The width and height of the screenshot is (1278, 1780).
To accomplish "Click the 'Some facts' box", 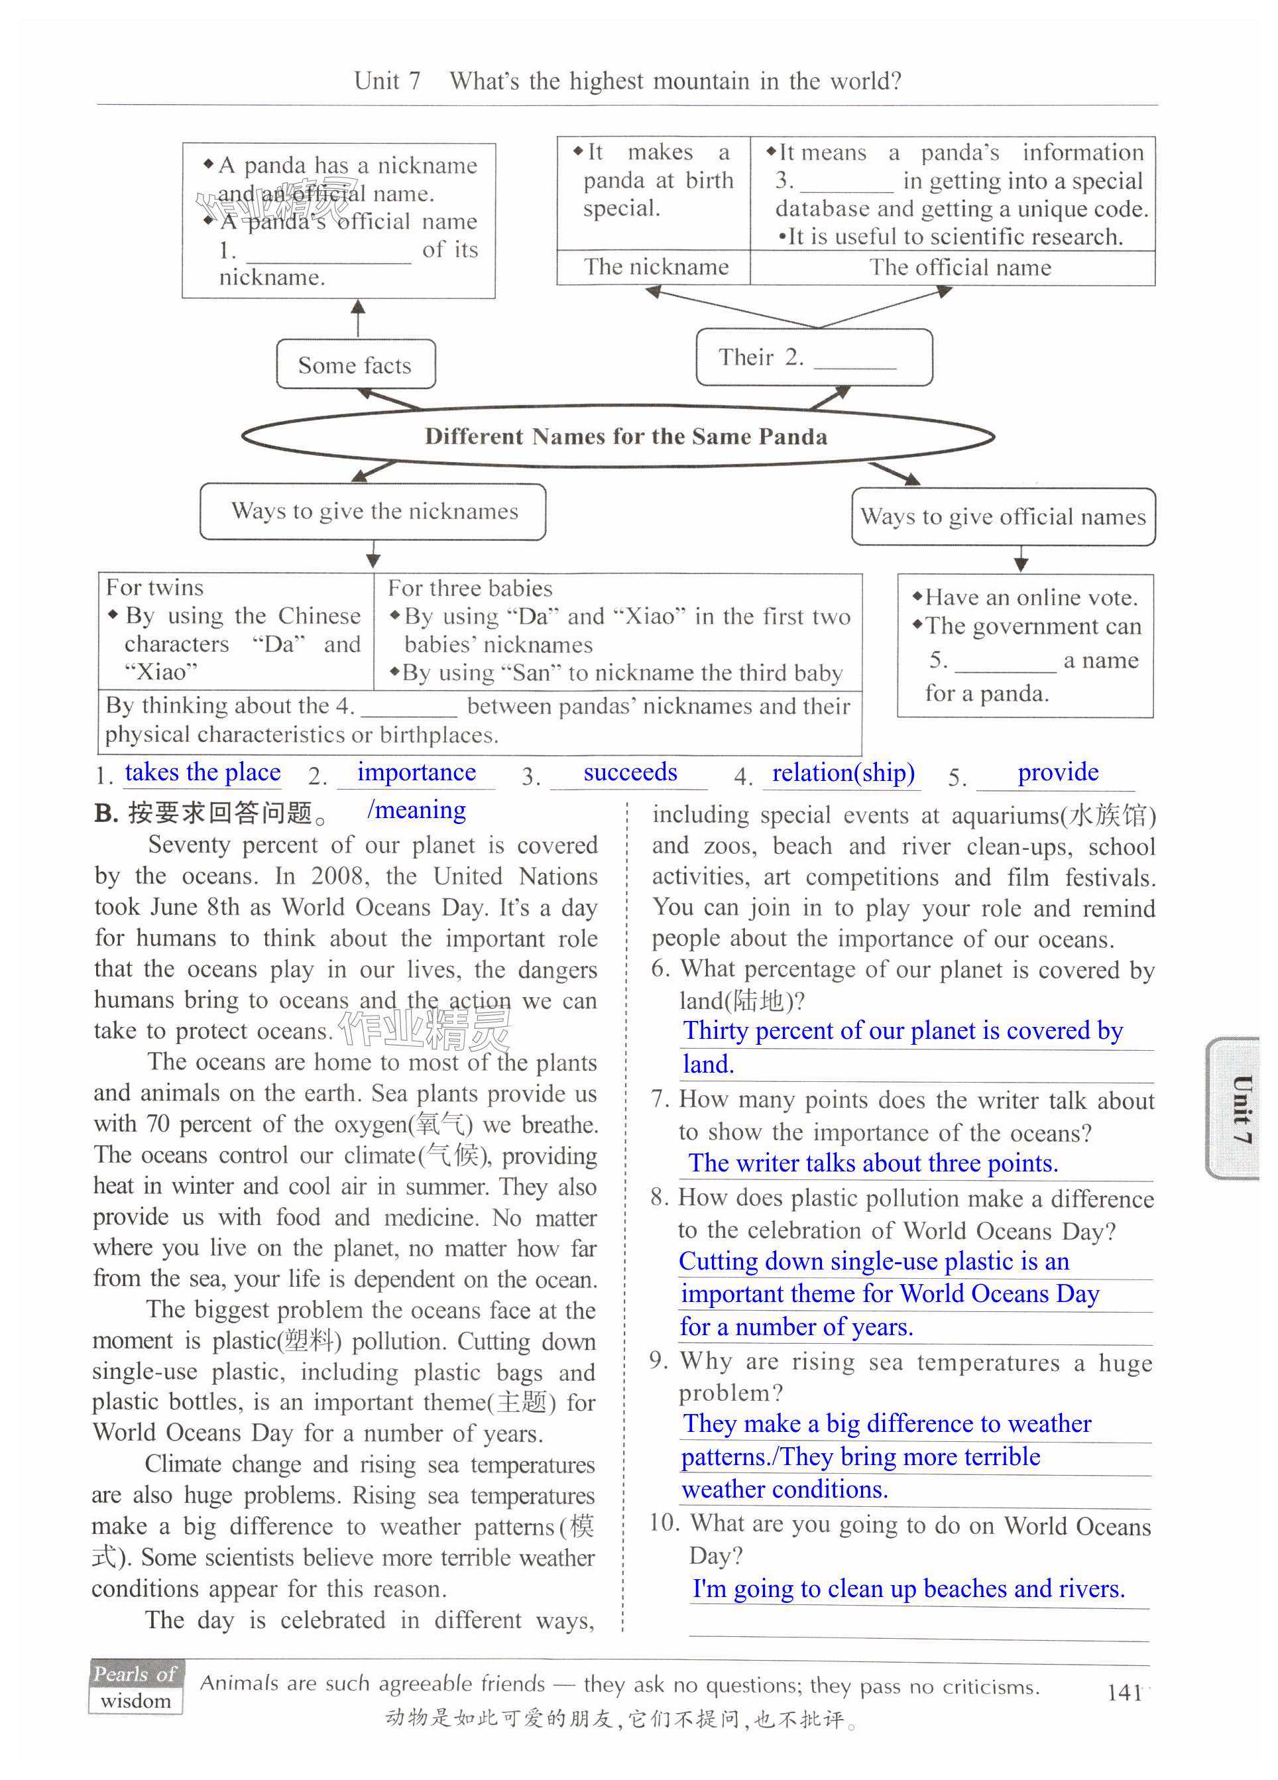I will point(355,365).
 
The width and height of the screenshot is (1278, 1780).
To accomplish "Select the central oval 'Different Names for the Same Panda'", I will point(625,436).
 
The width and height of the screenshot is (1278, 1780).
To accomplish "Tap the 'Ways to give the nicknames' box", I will point(373,512).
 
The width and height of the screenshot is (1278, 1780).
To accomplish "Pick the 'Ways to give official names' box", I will point(1003,517).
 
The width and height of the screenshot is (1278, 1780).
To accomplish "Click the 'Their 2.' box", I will point(813,358).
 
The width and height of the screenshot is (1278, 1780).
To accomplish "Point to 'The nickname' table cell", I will point(656,267).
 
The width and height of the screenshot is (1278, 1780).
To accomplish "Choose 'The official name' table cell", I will point(959,268).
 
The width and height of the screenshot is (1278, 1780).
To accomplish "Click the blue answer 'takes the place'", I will point(202,772).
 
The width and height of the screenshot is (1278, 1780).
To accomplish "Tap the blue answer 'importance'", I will point(416,772).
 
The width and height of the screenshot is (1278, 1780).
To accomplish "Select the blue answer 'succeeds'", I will point(630,772).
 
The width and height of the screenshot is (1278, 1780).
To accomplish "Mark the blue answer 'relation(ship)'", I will point(843,773).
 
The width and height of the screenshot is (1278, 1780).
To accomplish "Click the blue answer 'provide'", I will point(1057,772).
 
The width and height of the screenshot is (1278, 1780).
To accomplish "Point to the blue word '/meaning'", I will point(416,809).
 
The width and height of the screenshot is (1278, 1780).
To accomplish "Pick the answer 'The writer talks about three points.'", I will point(873,1163).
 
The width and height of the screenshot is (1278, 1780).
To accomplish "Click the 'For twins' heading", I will point(154,588).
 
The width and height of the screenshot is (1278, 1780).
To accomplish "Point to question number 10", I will point(664,1523).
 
